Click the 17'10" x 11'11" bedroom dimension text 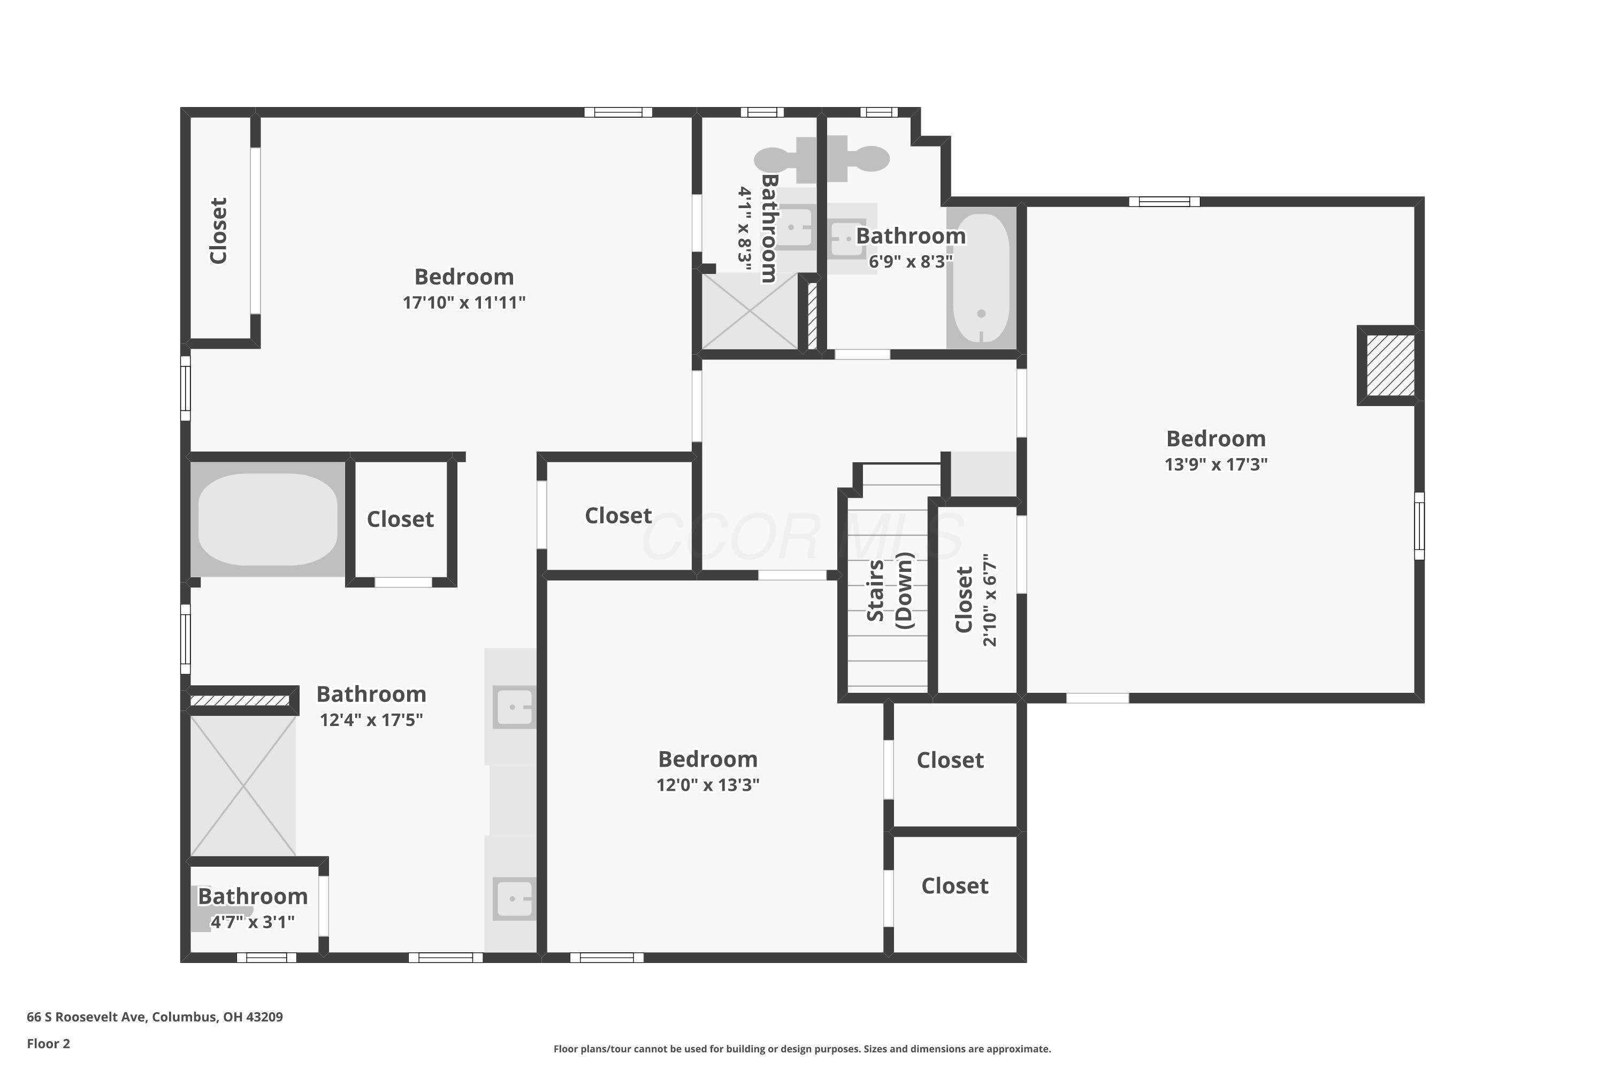(464, 302)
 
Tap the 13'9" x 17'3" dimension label (1216, 464)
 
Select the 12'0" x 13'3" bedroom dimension (708, 785)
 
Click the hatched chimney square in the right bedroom (1390, 365)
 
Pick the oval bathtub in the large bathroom (267, 519)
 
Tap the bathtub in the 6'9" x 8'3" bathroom (981, 278)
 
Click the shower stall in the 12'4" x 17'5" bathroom (243, 785)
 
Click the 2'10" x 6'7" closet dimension (990, 600)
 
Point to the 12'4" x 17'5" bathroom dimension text (371, 720)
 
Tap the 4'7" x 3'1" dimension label (253, 922)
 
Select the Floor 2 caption (49, 1043)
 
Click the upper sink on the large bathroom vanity (513, 707)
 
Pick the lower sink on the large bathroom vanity (513, 899)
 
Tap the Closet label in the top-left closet (218, 231)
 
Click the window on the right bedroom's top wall (1164, 201)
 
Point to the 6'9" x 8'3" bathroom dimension (911, 262)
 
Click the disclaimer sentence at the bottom (802, 1049)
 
